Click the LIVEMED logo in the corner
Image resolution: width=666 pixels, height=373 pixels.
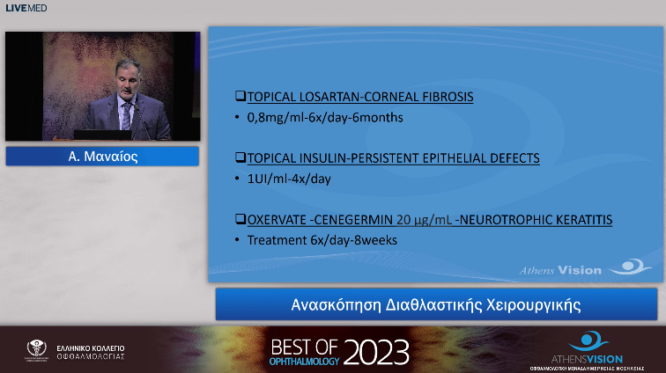(x=26, y=8)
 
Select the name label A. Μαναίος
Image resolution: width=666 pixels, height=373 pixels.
(x=102, y=157)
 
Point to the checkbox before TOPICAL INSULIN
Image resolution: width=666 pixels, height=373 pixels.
(x=239, y=158)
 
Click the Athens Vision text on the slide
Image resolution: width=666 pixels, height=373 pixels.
(x=575, y=270)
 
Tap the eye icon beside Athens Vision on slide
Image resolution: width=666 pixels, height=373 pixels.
(x=634, y=266)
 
